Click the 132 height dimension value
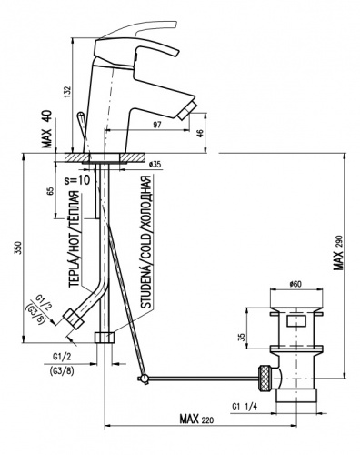click(x=68, y=92)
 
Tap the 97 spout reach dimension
click(x=156, y=125)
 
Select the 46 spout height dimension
click(x=200, y=132)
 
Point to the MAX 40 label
click(x=47, y=129)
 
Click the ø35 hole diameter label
click(x=155, y=165)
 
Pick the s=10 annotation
click(x=77, y=180)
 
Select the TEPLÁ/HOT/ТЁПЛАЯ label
click(x=75, y=239)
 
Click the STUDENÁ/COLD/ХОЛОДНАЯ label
click(x=147, y=242)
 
